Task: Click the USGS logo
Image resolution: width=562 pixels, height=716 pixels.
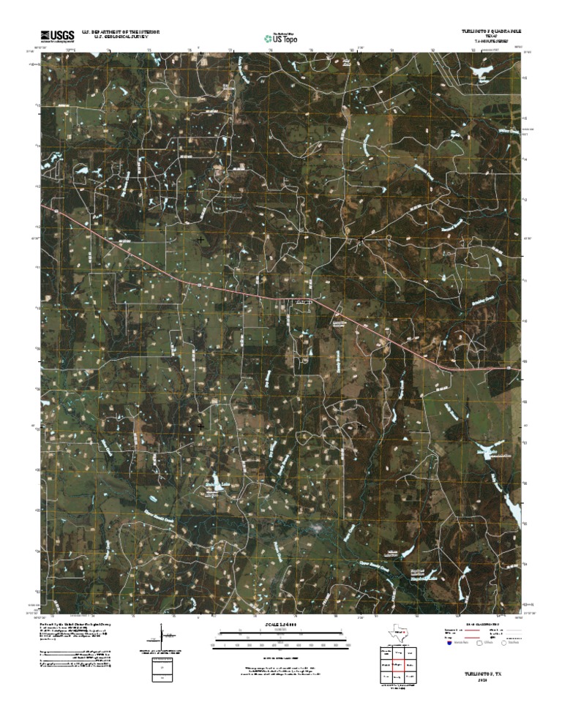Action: (x=57, y=34)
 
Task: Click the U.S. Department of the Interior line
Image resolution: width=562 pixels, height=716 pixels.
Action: (x=121, y=31)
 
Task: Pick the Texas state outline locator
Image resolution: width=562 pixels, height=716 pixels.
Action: (x=401, y=633)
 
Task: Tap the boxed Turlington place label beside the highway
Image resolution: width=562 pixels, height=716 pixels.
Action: (x=303, y=301)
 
